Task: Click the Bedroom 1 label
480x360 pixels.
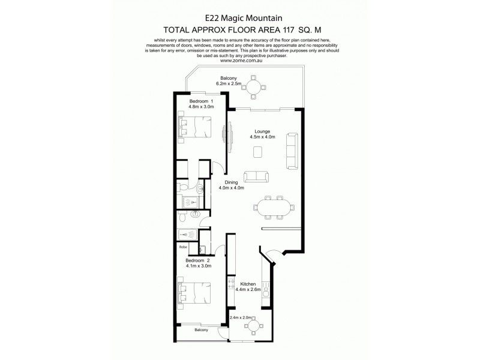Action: click(x=201, y=101)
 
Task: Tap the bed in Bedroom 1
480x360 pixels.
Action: click(x=194, y=127)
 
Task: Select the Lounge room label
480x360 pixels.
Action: click(x=262, y=131)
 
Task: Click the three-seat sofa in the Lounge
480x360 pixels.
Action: click(x=292, y=150)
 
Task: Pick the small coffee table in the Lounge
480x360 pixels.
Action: click(x=257, y=152)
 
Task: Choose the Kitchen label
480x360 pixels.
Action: click(x=248, y=284)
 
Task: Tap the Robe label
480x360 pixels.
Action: click(x=182, y=247)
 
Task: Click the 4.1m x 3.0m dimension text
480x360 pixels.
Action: click(x=197, y=267)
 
